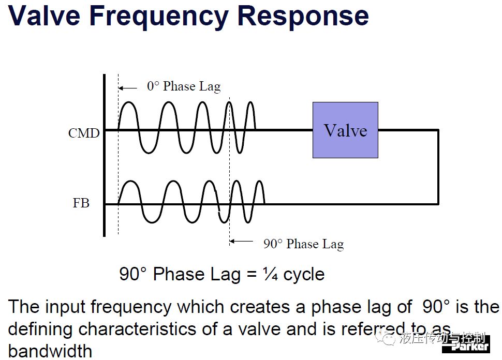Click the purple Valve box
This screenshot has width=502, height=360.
click(345, 130)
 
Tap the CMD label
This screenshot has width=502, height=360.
click(84, 133)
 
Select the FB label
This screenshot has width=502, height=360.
click(81, 203)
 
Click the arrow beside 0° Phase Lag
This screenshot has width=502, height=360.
click(128, 88)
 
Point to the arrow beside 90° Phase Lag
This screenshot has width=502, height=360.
click(241, 241)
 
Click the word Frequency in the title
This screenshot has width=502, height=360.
click(159, 17)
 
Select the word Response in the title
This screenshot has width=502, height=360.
click(303, 16)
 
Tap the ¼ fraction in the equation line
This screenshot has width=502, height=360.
click(270, 274)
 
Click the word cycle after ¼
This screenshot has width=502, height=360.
click(304, 275)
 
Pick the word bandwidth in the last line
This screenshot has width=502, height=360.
click(50, 351)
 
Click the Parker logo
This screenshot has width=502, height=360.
click(466, 345)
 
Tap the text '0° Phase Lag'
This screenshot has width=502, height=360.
click(184, 86)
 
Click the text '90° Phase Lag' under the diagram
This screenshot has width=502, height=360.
click(303, 244)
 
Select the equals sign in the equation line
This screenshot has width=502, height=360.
click(252, 275)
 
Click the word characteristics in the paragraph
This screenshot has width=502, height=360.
click(152, 329)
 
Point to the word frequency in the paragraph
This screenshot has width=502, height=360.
click(131, 307)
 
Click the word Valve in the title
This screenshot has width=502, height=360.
click(44, 16)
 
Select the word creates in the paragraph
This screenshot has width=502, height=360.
click(260, 307)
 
